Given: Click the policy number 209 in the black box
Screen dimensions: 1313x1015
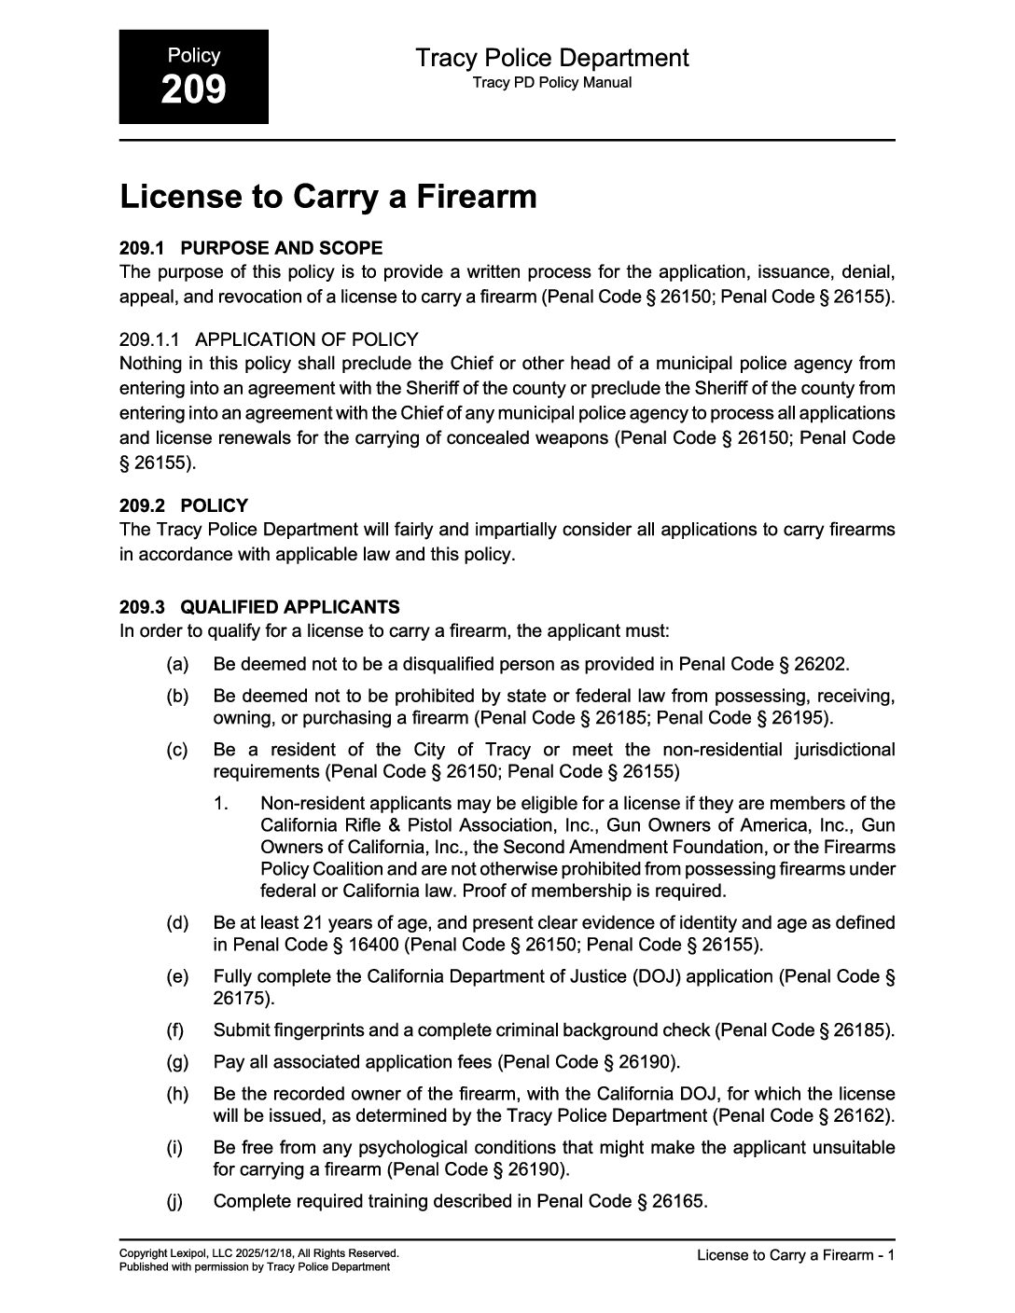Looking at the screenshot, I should point(193,90).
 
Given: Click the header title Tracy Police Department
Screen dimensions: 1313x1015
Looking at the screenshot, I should point(551,58).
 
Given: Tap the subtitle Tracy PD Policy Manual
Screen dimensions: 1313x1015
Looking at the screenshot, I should point(551,82).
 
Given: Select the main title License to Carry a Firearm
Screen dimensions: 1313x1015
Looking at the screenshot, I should point(328,197).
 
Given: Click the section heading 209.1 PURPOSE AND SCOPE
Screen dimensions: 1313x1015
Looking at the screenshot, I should point(251,248).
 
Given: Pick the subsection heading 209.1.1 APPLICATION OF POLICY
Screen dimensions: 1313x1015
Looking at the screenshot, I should point(269,339).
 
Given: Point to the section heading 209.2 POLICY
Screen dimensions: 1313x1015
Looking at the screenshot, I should point(184,505).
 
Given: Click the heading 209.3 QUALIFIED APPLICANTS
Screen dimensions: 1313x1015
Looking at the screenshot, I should point(259,607).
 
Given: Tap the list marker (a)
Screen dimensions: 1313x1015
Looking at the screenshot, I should point(177,664).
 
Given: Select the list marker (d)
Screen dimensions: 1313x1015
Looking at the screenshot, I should point(177,922).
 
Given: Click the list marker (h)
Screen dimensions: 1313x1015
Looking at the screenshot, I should point(177,1094).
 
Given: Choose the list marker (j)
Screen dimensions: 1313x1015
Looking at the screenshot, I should point(175,1201).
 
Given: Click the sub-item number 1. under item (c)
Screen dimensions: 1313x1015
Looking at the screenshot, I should point(221,803).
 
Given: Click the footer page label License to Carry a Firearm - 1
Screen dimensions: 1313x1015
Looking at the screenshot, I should point(796,1255).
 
